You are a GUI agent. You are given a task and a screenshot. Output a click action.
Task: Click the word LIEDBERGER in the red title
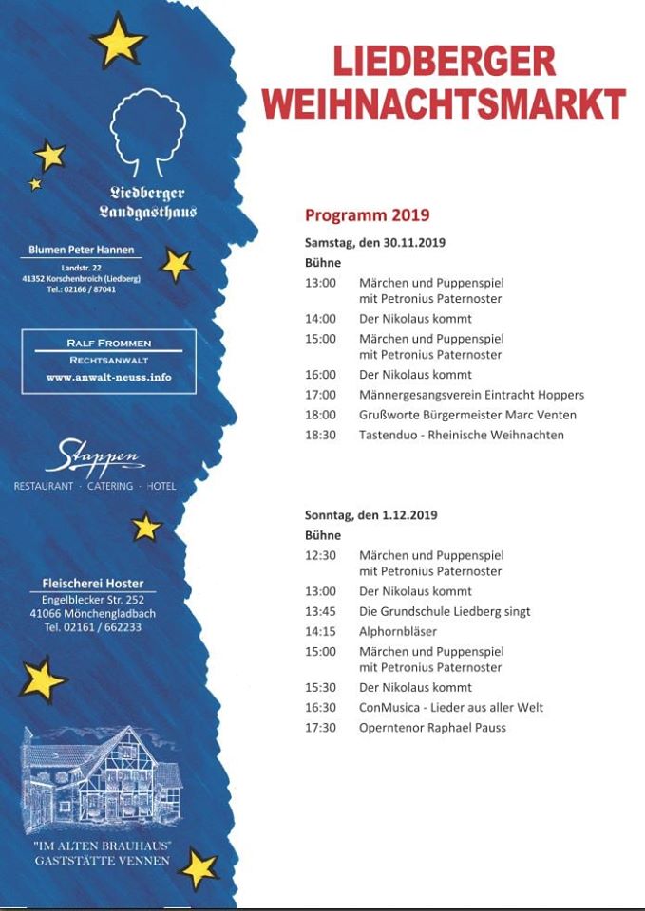pos(444,62)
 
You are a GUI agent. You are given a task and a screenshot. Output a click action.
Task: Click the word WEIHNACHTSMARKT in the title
pos(444,103)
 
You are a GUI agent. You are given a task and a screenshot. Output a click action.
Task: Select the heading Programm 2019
pos(367,214)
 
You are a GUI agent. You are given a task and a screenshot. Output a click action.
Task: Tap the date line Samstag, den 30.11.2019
pos(375,242)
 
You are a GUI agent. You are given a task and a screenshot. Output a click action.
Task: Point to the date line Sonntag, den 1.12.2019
pos(371,514)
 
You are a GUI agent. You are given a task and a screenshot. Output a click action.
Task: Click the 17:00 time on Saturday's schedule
pos(320,395)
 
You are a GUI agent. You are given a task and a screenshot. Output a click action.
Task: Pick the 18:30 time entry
pos(320,435)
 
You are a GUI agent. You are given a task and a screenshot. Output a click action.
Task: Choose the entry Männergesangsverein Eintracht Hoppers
pos(471,395)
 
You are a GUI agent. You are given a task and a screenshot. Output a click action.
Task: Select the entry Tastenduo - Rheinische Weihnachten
pos(461,435)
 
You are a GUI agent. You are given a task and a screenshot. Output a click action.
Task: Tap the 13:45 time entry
pos(320,611)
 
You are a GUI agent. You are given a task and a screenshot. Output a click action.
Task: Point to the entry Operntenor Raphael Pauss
pos(432,728)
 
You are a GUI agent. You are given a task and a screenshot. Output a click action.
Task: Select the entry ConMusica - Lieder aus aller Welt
pos(451,708)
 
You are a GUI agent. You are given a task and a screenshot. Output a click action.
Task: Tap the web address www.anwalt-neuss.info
pos(108,377)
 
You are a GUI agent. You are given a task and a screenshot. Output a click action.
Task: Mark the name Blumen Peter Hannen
pos(82,250)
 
